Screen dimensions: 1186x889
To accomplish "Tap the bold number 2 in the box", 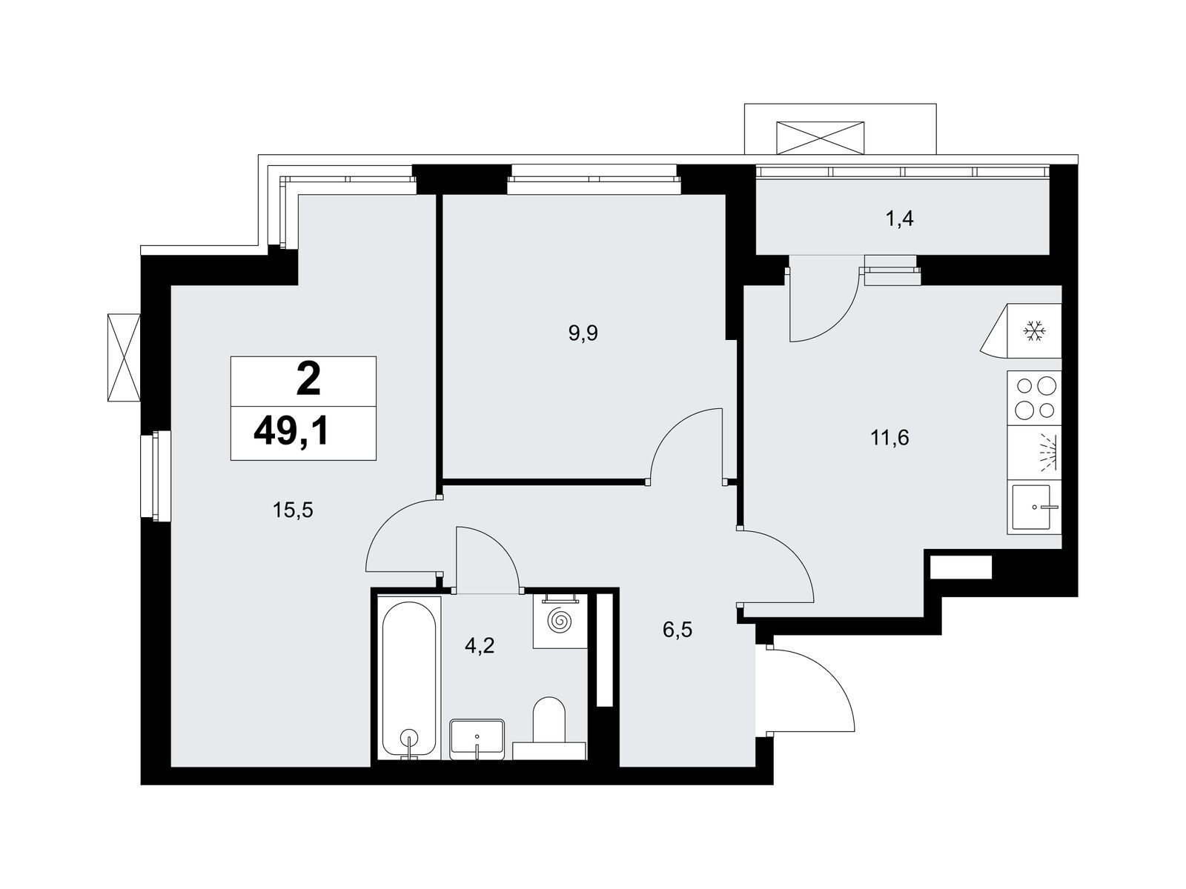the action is point(308,379).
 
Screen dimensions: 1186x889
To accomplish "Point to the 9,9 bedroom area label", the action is point(583,333).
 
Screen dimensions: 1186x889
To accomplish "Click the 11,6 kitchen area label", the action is point(889,437).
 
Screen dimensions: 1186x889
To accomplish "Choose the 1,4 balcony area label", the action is point(900,219).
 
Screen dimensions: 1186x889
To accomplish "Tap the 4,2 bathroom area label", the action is point(480,645).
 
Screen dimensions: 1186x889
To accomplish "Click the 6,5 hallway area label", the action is point(677,630).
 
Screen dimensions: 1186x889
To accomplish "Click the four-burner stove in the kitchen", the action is point(1033,398).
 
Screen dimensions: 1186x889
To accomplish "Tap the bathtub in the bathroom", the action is point(408,679).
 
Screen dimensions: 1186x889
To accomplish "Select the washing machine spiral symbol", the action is point(560,621).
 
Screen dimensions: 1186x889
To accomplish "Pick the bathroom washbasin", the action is point(477,739).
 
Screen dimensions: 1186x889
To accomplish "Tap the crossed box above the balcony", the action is point(821,139).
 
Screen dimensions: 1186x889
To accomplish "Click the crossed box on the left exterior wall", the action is point(124,357).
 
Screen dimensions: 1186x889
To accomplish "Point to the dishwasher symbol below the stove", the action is point(1034,453).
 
